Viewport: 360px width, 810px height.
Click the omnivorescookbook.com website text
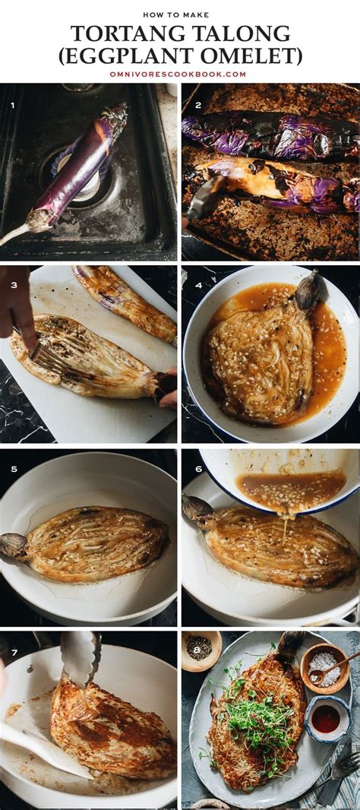pyautogui.click(x=178, y=74)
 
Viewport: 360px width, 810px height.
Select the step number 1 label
pyautogui.click(x=12, y=106)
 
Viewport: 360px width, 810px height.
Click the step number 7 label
pyautogui.click(x=13, y=653)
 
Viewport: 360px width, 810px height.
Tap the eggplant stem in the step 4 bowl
pyautogui.click(x=307, y=290)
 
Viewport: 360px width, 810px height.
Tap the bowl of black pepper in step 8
pyautogui.click(x=201, y=650)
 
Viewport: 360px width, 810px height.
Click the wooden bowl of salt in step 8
pyautogui.click(x=325, y=669)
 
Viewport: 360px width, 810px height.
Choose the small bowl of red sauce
pyautogui.click(x=327, y=718)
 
